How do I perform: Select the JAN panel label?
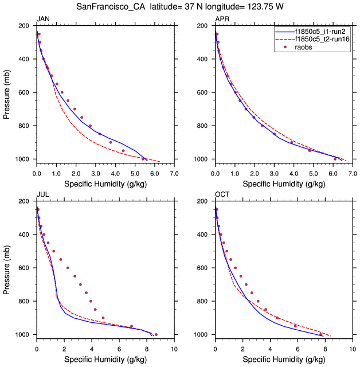tap(42, 19)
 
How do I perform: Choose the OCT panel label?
tap(222, 195)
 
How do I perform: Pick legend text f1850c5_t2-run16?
tap(322, 39)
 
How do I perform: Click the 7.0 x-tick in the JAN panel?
tap(174, 173)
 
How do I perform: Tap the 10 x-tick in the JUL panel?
tap(174, 348)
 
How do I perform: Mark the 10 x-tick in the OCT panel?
tap(352, 348)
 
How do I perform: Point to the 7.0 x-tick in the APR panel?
tap(352, 173)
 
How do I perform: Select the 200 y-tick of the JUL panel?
tap(25, 201)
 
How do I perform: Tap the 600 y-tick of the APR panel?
tap(203, 92)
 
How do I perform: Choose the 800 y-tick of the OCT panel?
tap(203, 301)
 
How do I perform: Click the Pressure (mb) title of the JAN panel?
tap(6, 92)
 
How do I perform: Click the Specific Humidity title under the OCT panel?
tap(283, 359)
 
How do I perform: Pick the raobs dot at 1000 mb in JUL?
tap(156, 334)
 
